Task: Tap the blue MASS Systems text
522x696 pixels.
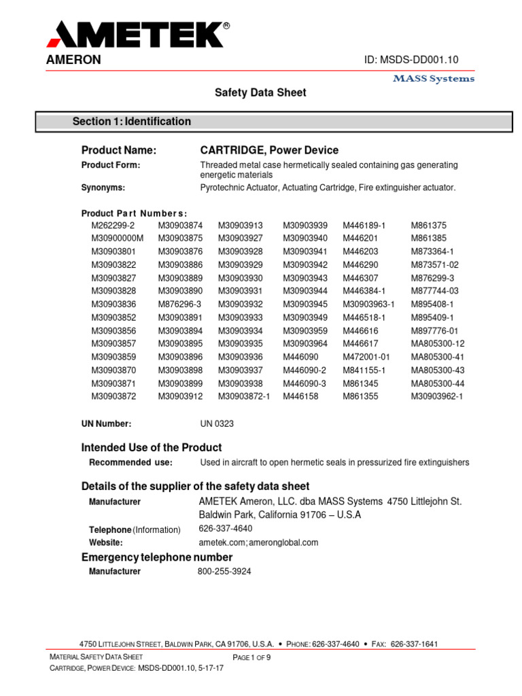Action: [x=434, y=79]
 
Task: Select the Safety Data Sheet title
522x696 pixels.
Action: [x=260, y=92]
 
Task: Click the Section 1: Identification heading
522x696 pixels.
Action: [x=132, y=122]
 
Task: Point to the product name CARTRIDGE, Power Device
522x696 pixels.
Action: [x=269, y=150]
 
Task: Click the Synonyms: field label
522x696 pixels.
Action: [x=103, y=188]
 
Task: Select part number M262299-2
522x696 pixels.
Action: [x=114, y=225]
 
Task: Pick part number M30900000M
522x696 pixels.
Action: [x=118, y=238]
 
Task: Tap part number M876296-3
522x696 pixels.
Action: [x=180, y=304]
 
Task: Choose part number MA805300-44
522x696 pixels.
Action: [x=438, y=383]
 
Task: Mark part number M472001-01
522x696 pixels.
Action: [x=366, y=357]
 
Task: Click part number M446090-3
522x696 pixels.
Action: [x=304, y=383]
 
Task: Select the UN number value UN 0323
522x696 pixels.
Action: [x=217, y=424]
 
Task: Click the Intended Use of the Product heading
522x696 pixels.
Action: [x=152, y=447]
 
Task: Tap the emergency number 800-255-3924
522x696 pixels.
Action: [x=224, y=572]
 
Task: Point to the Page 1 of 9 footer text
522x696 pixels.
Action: [x=252, y=657]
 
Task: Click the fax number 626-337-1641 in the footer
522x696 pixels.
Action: [x=415, y=644]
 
